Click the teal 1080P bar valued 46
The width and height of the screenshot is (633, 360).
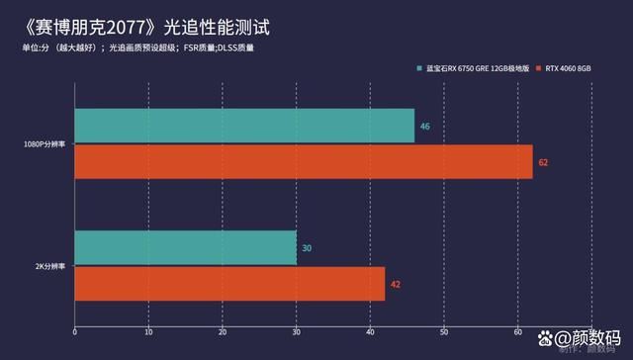[244, 127]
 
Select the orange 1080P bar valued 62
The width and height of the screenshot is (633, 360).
[303, 161]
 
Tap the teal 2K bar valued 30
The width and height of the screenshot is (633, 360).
[185, 247]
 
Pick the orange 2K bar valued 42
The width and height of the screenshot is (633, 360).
[229, 284]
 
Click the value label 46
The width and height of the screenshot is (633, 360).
[424, 127]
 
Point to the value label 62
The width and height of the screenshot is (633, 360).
[543, 161]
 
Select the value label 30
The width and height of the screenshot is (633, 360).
[307, 247]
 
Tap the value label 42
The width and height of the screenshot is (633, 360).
[396, 284]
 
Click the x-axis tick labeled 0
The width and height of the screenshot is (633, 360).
[74, 331]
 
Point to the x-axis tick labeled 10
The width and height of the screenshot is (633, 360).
[148, 331]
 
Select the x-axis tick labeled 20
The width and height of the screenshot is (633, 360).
[223, 331]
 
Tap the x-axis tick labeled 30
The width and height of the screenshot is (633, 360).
[296, 331]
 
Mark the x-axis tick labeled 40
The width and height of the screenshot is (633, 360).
[370, 331]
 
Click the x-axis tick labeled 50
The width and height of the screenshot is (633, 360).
[444, 331]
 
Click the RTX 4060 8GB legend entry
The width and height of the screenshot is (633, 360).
[567, 68]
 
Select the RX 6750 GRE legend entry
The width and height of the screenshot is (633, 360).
[474, 68]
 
